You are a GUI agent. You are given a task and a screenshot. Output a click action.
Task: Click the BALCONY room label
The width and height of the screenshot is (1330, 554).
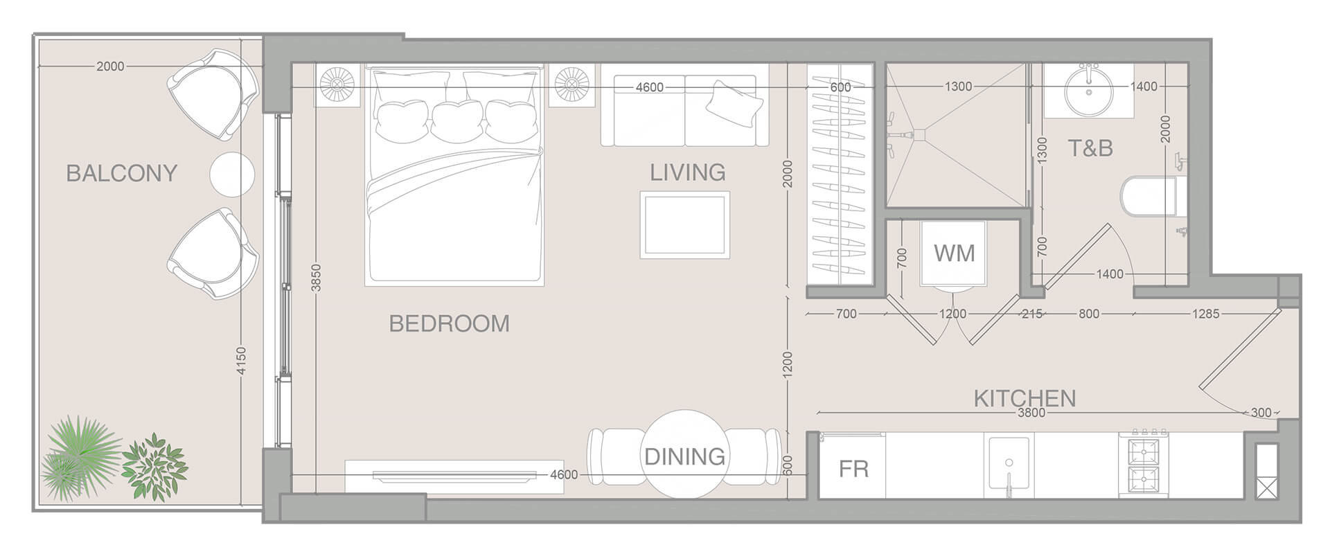pyautogui.click(x=122, y=172)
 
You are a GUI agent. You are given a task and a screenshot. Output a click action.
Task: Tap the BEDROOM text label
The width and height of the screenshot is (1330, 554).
pyautogui.click(x=449, y=323)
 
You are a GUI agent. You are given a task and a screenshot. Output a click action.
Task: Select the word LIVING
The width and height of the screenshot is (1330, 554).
pyautogui.click(x=687, y=172)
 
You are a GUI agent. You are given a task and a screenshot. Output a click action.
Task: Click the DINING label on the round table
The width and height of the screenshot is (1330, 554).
pyautogui.click(x=684, y=456)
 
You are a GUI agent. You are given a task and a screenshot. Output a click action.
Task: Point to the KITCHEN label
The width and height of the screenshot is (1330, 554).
pyautogui.click(x=1025, y=398)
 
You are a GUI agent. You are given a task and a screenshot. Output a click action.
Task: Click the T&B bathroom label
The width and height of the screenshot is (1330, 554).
pyautogui.click(x=1090, y=148)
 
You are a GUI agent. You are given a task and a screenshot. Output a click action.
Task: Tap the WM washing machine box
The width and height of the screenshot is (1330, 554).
pyautogui.click(x=954, y=253)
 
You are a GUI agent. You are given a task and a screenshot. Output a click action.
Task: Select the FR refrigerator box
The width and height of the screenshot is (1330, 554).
pyautogui.click(x=853, y=469)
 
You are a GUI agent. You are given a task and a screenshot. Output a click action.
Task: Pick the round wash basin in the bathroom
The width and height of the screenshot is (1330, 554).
pyautogui.click(x=1088, y=90)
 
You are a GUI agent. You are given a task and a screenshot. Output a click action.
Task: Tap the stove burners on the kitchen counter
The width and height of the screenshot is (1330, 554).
pyautogui.click(x=1143, y=465)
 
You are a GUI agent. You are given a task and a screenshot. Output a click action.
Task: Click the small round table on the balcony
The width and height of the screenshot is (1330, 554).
pyautogui.click(x=232, y=173)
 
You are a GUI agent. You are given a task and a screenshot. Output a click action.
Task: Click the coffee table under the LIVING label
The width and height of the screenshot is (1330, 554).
pyautogui.click(x=684, y=225)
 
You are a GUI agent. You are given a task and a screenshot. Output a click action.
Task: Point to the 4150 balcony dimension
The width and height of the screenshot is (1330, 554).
pyautogui.click(x=240, y=361)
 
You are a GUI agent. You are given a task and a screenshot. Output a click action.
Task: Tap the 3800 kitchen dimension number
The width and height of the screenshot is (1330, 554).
pyautogui.click(x=1031, y=413)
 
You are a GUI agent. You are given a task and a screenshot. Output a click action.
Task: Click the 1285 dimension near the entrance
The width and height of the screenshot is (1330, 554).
pyautogui.click(x=1205, y=314)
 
